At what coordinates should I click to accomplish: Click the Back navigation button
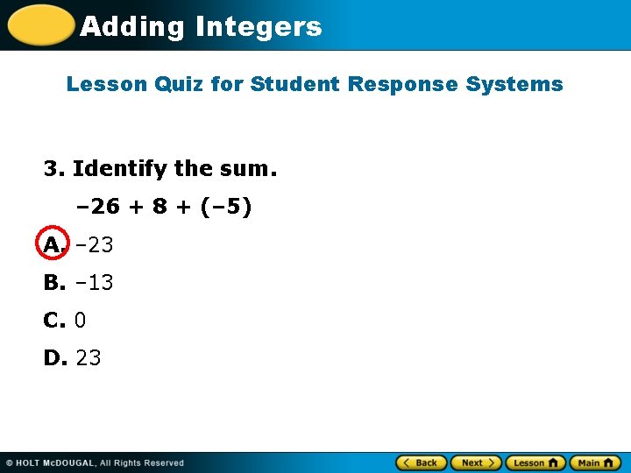click(x=422, y=462)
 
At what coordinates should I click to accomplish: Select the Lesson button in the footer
click(x=535, y=462)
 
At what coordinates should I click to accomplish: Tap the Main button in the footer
click(x=595, y=462)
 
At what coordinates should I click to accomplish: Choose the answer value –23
click(x=94, y=245)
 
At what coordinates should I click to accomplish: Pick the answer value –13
click(x=94, y=283)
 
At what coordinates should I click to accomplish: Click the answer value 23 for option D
click(x=89, y=357)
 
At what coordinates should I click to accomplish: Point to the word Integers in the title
click(x=259, y=27)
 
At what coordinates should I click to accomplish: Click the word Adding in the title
click(x=132, y=27)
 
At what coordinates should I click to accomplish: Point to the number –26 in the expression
click(x=99, y=208)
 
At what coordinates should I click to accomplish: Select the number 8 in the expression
click(x=160, y=208)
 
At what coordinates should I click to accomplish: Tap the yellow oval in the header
click(x=40, y=25)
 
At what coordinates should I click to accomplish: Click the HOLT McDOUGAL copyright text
click(x=95, y=462)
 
